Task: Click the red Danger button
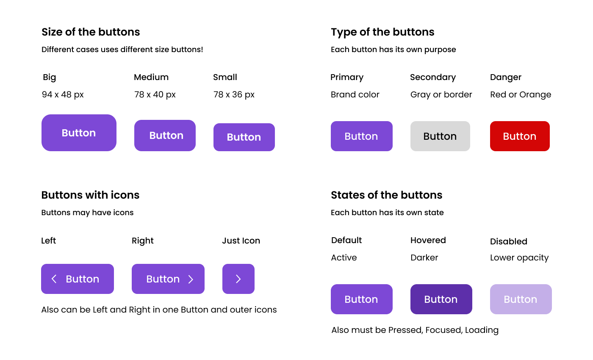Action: coord(520,136)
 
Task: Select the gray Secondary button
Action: coord(440,136)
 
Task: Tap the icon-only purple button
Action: coord(238,279)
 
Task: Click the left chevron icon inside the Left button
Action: coord(54,279)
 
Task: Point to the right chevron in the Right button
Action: coord(191,279)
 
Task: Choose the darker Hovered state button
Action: coord(441,299)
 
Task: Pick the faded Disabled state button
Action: coord(521,299)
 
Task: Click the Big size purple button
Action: coord(79,133)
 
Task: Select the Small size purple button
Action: coord(244,137)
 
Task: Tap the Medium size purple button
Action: coord(165,136)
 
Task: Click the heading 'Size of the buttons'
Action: coord(91,32)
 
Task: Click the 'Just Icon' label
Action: coord(241,241)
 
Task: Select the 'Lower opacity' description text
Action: coord(519,258)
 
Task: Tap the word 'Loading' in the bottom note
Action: coord(482,330)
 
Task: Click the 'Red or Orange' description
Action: coord(521,94)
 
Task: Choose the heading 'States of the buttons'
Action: coord(386,195)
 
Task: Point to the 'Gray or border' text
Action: coord(441,94)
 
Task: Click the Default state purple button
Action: coord(361,299)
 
